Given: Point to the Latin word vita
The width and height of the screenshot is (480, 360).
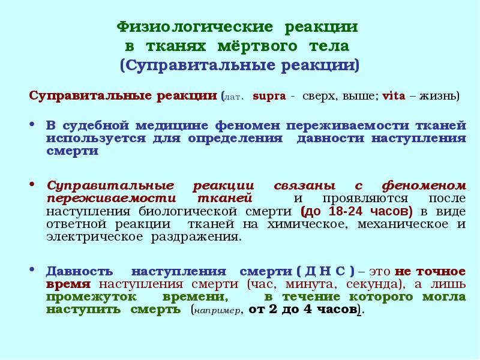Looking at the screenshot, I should click(394, 96).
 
